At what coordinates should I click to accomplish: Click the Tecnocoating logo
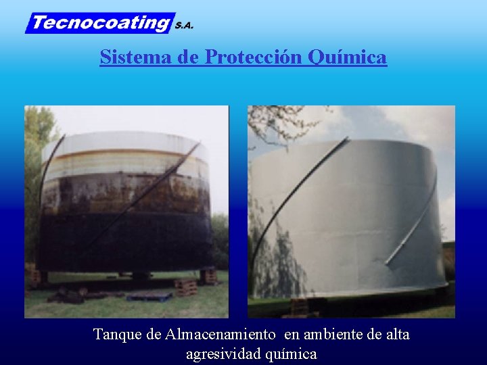pyautogui.click(x=100, y=23)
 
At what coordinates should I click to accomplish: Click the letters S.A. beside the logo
pyautogui.click(x=184, y=26)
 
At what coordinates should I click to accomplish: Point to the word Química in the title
pyautogui.click(x=348, y=57)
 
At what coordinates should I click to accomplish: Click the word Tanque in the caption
pyautogui.click(x=116, y=334)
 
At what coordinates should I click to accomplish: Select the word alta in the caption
pyautogui.click(x=397, y=334)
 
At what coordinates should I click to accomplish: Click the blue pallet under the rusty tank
pyautogui.click(x=149, y=296)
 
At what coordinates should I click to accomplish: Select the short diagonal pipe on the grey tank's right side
pyautogui.click(x=413, y=223)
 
